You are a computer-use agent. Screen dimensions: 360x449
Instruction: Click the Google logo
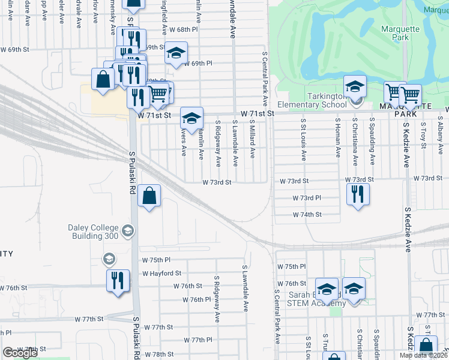[20, 353]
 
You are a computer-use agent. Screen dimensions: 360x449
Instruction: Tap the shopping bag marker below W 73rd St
[149, 196]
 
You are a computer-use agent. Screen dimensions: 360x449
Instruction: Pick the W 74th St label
[307, 214]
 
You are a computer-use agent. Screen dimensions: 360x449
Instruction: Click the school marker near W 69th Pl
[176, 53]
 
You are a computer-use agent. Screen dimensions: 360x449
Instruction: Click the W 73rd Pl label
[307, 197]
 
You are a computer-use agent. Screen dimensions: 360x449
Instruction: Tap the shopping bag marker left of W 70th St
[103, 80]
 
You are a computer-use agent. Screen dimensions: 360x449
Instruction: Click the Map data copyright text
[424, 355]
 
